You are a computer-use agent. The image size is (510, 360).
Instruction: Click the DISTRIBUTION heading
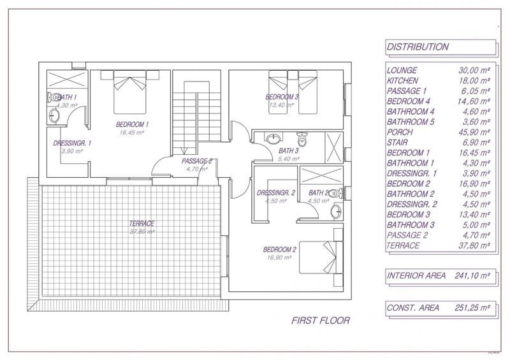coord(418,47)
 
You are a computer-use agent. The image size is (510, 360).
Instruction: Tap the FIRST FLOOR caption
coord(321,320)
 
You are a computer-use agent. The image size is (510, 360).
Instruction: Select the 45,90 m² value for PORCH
coord(474,133)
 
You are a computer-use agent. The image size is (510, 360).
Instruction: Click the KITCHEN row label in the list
coord(402,81)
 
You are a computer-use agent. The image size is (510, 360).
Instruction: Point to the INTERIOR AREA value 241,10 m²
coord(472,276)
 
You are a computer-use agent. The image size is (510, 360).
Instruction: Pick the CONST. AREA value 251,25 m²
coord(472,308)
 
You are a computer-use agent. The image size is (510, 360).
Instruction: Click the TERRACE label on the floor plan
coord(142,224)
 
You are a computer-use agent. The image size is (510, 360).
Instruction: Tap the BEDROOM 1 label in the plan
coord(133,124)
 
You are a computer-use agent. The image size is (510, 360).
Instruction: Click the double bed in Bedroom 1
coord(129,92)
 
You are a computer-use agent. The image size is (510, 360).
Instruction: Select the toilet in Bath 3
coord(302,138)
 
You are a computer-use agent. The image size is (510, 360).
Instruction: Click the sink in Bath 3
coord(273,138)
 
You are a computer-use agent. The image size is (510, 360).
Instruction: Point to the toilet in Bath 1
coord(54,97)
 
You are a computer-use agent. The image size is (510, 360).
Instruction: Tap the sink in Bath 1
coord(54,116)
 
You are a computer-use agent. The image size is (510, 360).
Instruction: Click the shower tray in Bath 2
coord(321,176)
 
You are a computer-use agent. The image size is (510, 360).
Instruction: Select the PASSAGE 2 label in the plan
coord(197,161)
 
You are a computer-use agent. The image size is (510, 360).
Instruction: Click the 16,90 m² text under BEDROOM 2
coord(279,257)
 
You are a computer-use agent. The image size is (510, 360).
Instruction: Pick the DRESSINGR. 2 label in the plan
coord(276,193)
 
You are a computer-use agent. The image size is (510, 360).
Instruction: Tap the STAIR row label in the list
coord(397,143)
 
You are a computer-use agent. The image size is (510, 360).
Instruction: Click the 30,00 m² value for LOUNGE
coord(474,71)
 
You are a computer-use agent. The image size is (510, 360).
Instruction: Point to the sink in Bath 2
coord(337,212)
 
